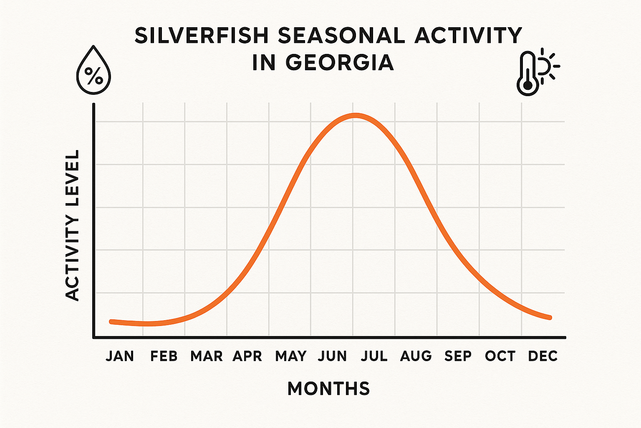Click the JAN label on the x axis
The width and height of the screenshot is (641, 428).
[x=120, y=356]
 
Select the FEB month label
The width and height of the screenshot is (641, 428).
[x=164, y=356]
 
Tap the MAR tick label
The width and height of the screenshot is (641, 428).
[x=206, y=356]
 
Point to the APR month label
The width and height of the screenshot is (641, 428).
[x=247, y=356]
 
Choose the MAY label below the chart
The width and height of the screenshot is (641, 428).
[x=291, y=356]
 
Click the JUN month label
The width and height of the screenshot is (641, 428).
[x=332, y=356]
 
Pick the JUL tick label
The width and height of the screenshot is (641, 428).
[x=374, y=356]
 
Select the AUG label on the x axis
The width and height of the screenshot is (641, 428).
[x=416, y=356]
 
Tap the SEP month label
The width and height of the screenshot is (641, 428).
[x=458, y=356]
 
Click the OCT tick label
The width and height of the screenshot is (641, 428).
[x=500, y=356]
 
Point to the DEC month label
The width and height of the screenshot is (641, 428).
[x=543, y=356]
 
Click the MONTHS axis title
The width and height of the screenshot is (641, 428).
[x=329, y=389]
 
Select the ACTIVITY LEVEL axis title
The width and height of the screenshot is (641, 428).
[x=73, y=225]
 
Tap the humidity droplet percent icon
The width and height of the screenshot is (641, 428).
[x=93, y=72]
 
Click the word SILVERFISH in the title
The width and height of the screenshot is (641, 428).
[x=202, y=36]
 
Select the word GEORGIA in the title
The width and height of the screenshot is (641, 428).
[x=340, y=63]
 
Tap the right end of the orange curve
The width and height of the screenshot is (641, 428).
[x=550, y=317]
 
